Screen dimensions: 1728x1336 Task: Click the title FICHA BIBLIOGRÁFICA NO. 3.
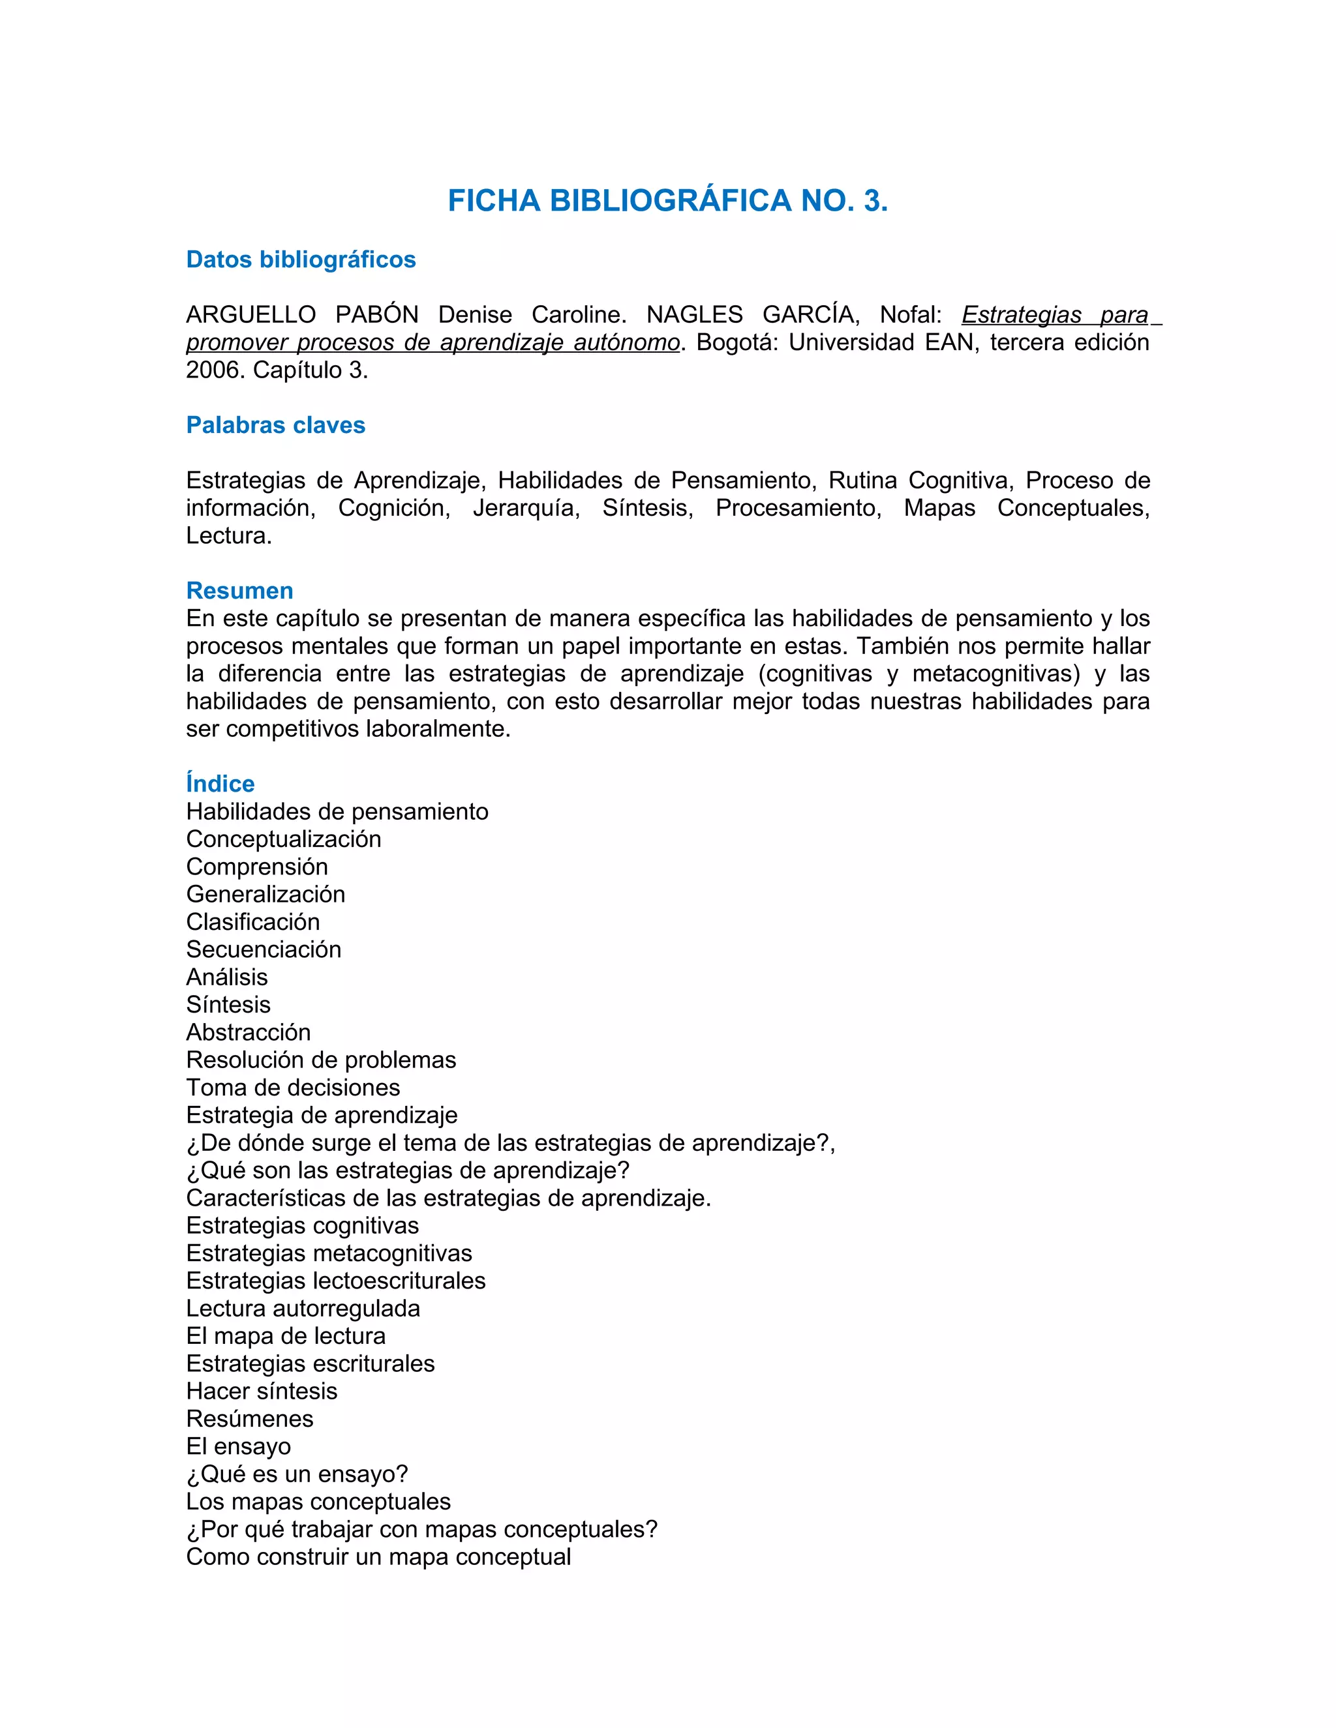(x=667, y=201)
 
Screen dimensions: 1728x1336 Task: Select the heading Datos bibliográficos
(x=301, y=260)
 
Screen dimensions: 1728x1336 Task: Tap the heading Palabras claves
(x=275, y=425)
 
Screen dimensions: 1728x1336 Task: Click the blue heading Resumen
(x=240, y=590)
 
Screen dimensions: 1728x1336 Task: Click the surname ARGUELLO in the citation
(x=251, y=315)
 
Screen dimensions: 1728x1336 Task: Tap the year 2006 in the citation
(x=212, y=370)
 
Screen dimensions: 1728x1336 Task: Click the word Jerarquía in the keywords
(x=526, y=508)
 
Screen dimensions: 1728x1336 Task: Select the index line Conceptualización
(x=283, y=839)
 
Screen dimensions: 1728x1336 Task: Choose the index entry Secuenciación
(x=264, y=949)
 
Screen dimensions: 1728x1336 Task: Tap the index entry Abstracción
(x=249, y=1032)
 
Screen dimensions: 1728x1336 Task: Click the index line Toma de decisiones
(x=293, y=1087)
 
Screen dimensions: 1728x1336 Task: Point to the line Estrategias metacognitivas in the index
(x=329, y=1253)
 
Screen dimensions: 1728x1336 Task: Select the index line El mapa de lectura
(x=286, y=1335)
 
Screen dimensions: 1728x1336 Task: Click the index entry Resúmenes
(x=249, y=1419)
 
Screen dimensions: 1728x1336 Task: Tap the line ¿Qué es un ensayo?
(x=297, y=1474)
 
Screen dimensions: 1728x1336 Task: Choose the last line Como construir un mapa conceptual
(x=378, y=1557)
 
